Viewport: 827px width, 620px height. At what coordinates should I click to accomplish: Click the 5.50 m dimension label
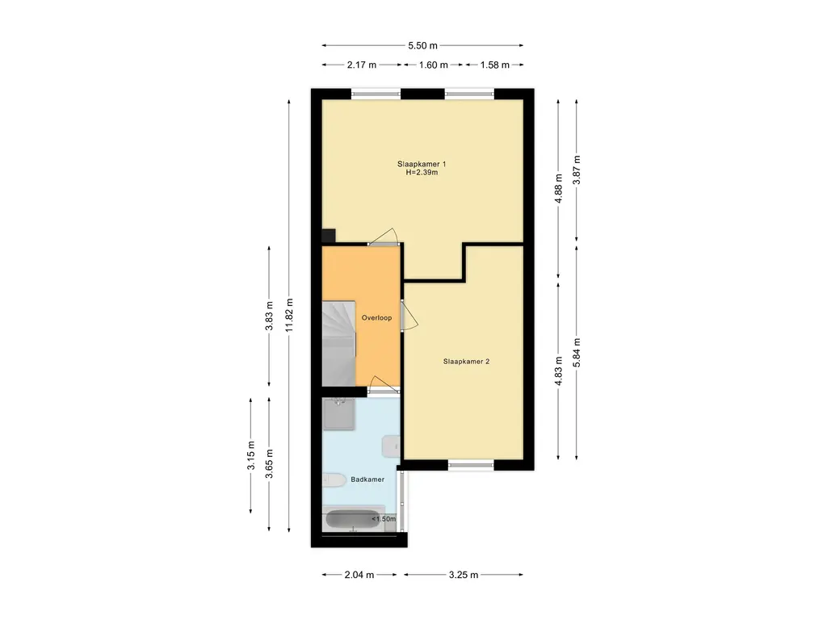pyautogui.click(x=422, y=46)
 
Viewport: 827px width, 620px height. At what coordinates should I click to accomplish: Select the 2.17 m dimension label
pyautogui.click(x=362, y=65)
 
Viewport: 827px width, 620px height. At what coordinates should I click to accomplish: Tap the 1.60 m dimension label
pyautogui.click(x=433, y=65)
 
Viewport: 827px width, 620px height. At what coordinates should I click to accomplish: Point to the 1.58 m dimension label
pyautogui.click(x=495, y=65)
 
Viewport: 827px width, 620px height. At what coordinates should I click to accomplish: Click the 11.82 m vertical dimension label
pyautogui.click(x=289, y=316)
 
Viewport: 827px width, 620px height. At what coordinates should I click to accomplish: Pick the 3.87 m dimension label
pyautogui.click(x=577, y=170)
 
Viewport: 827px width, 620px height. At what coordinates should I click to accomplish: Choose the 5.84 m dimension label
pyautogui.click(x=577, y=353)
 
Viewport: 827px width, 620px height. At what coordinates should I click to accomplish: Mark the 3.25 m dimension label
pyautogui.click(x=464, y=575)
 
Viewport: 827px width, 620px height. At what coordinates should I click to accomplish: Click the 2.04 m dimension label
pyautogui.click(x=359, y=575)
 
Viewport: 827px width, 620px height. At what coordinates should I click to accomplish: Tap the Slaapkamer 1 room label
pyautogui.click(x=422, y=164)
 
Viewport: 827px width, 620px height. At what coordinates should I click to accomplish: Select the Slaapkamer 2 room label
pyautogui.click(x=466, y=362)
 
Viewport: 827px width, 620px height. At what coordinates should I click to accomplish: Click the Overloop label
pyautogui.click(x=376, y=318)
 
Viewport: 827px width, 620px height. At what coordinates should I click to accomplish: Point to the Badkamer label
pyautogui.click(x=367, y=480)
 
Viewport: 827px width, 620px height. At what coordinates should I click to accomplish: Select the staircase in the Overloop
pyautogui.click(x=338, y=343)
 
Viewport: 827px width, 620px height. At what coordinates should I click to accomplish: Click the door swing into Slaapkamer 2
pyautogui.click(x=409, y=316)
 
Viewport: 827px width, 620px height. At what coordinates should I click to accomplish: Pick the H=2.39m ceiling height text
pyautogui.click(x=422, y=173)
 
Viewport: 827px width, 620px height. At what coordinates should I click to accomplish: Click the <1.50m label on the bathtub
pyautogui.click(x=384, y=519)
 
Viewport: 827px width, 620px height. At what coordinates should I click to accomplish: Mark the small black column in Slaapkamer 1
pyautogui.click(x=329, y=235)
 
